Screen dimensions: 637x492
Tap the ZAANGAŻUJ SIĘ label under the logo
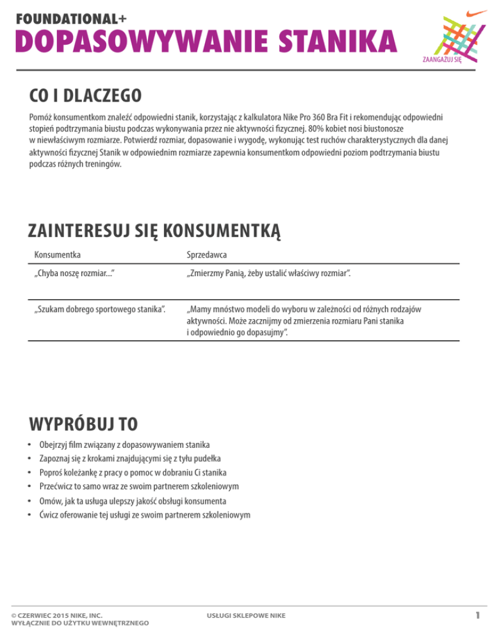(443, 61)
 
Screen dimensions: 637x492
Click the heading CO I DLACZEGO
(85, 98)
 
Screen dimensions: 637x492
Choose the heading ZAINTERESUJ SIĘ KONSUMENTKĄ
(154, 230)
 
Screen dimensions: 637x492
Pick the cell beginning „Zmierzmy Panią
(268, 274)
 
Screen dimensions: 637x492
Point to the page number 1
(477, 615)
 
